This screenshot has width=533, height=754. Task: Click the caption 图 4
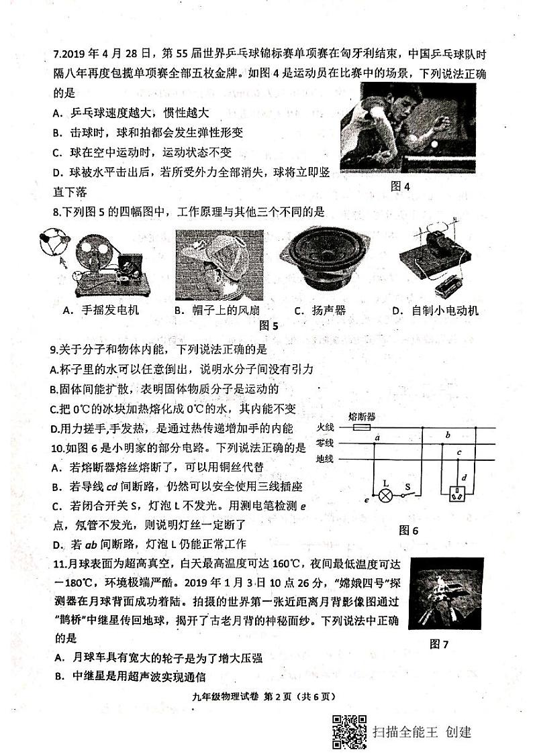pyautogui.click(x=400, y=186)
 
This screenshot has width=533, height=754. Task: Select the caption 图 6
pyautogui.click(x=408, y=530)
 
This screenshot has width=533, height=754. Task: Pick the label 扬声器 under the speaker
pyautogui.click(x=328, y=310)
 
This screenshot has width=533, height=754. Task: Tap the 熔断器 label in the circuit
pyautogui.click(x=362, y=416)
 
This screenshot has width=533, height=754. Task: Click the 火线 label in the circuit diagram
pyautogui.click(x=325, y=427)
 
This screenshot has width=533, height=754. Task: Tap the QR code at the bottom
pyautogui.click(x=349, y=731)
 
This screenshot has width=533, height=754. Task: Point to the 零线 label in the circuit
pyautogui.click(x=325, y=443)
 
